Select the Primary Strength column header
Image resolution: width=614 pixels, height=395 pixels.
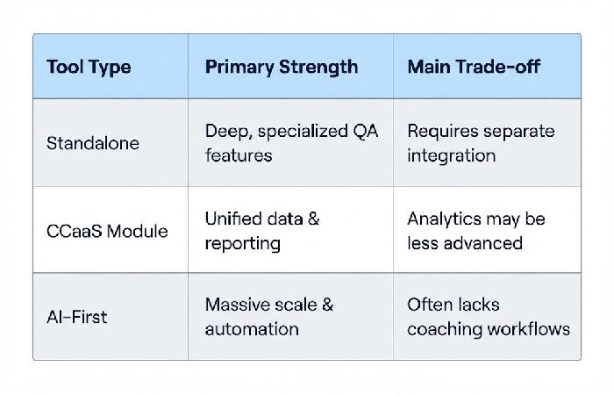pyautogui.click(x=281, y=67)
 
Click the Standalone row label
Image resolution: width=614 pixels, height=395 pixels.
pyautogui.click(x=92, y=142)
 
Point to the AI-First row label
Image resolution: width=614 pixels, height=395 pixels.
pyautogui.click(x=78, y=316)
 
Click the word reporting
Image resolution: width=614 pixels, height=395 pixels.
pyautogui.click(x=241, y=242)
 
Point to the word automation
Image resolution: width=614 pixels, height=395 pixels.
pyautogui.click(x=252, y=329)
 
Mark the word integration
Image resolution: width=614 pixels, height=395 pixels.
pyautogui.click(x=451, y=155)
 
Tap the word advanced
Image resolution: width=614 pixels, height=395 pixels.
pyautogui.click(x=480, y=242)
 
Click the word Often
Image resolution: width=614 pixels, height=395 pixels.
pyautogui.click(x=429, y=305)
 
